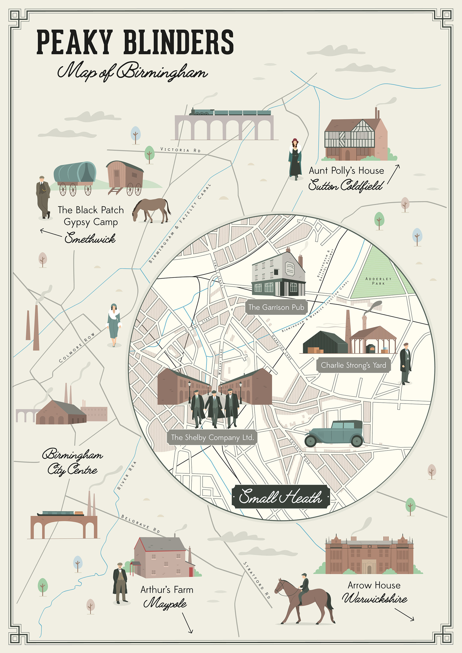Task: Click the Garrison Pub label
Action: click(276, 307)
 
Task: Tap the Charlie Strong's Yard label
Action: click(353, 365)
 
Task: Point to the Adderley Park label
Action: click(378, 281)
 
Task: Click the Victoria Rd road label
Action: click(180, 150)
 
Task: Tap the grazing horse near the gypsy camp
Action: click(151, 210)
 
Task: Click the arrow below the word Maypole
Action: click(188, 623)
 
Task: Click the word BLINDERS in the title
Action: click(178, 42)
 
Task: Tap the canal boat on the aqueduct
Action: click(61, 513)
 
